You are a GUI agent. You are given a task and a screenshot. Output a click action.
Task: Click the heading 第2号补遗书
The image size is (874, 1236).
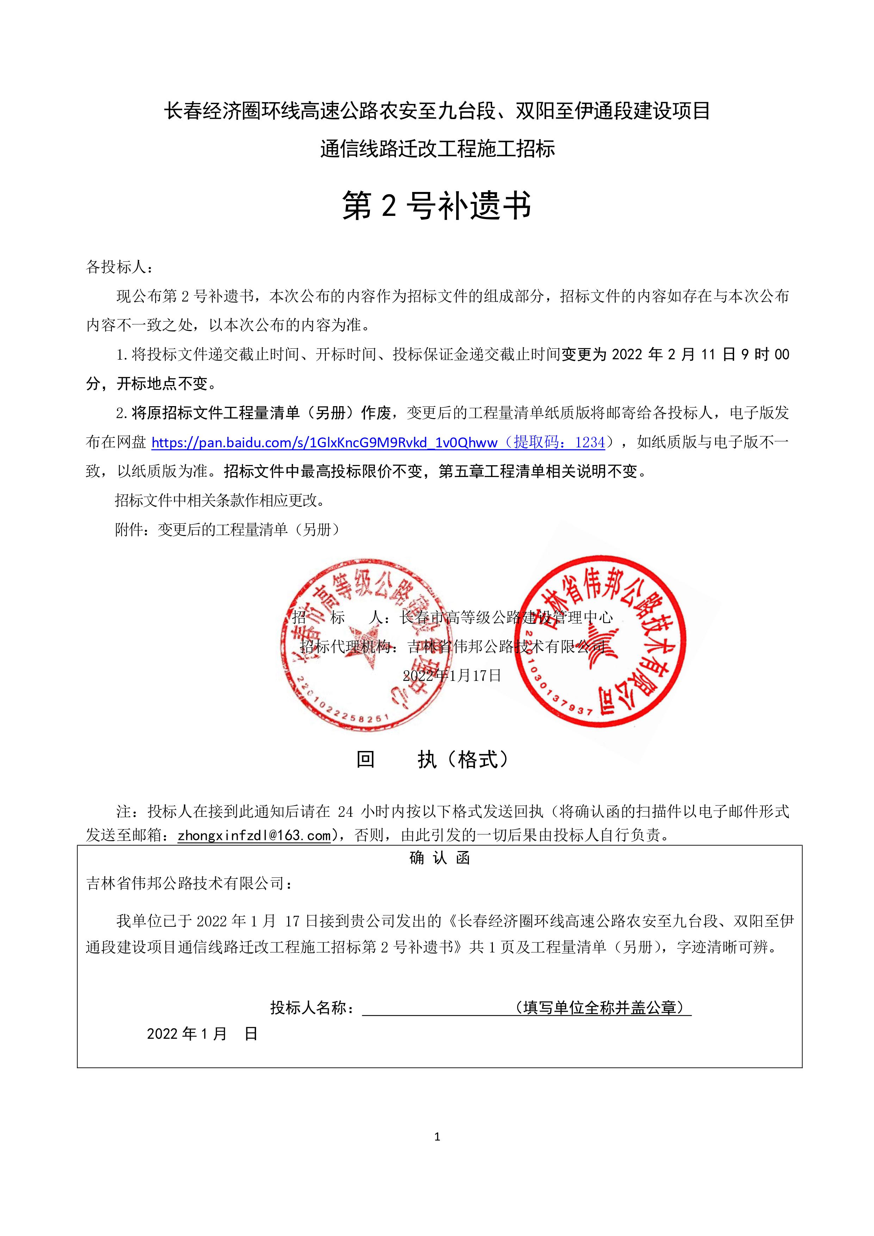coord(437,206)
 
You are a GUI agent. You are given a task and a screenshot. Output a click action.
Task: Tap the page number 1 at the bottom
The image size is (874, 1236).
coord(437,1136)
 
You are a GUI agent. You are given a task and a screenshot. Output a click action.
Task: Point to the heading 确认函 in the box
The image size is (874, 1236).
coord(439,858)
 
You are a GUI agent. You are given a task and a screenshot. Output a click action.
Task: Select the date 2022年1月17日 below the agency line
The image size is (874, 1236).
coord(452,675)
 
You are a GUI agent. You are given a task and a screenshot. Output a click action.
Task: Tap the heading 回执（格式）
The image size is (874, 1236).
coord(433,759)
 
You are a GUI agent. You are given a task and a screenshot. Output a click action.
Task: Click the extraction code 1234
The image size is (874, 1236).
coord(590,442)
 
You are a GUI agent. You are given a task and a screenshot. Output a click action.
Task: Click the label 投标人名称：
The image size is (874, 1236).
coord(312,1008)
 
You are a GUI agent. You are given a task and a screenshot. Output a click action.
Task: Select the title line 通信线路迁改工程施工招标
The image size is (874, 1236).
coord(437,149)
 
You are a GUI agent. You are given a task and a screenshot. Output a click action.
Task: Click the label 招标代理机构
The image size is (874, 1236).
coord(345,646)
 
